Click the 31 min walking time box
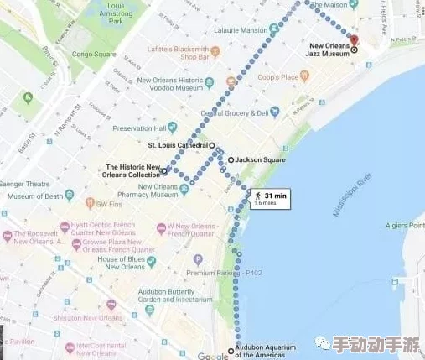[x=270, y=199]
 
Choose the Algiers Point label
[x=406, y=225]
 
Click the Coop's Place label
[x=278, y=77]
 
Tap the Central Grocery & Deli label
[x=240, y=112]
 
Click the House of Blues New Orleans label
[x=122, y=263]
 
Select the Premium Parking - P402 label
[x=225, y=273]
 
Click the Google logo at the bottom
[x=212, y=356]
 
